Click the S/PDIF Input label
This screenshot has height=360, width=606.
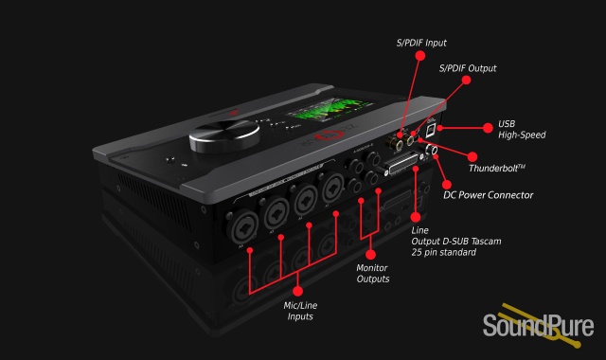coord(421,43)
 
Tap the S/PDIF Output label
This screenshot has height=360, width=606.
coord(468,68)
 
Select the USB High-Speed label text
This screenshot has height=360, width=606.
coord(522,129)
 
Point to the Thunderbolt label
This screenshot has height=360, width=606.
coord(496,169)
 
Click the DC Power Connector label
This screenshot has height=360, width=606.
coord(489,195)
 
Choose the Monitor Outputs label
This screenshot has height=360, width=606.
coord(372,274)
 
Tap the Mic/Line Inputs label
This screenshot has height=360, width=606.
coord(300,311)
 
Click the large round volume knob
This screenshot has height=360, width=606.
coord(224,135)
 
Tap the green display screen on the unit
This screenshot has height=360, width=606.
coord(330,107)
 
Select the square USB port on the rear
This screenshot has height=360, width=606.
coord(431,131)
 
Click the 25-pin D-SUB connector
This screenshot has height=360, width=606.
coord(402,165)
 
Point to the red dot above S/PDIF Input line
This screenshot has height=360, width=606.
coord(420,56)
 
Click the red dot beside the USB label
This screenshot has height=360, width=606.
coord(488,128)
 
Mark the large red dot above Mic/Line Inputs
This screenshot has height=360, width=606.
coord(297,291)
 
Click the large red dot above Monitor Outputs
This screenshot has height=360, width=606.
coord(370,255)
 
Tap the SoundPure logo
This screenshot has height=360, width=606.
coord(538,325)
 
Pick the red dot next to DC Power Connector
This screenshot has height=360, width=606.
coord(447,185)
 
